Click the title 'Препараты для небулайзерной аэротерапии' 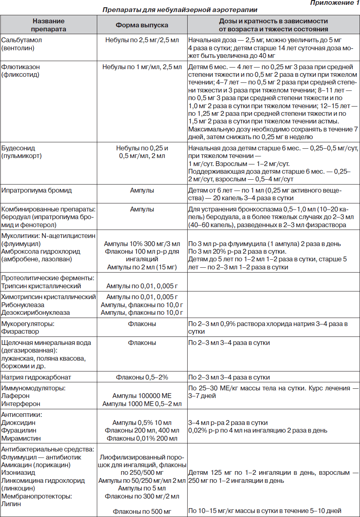pyautogui.click(x=180, y=10)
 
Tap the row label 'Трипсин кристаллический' pyautogui.click(x=41, y=286)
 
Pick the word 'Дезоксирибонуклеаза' pyautogui.click(x=35, y=312)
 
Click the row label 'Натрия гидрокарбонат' pyautogui.click(x=36, y=377)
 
